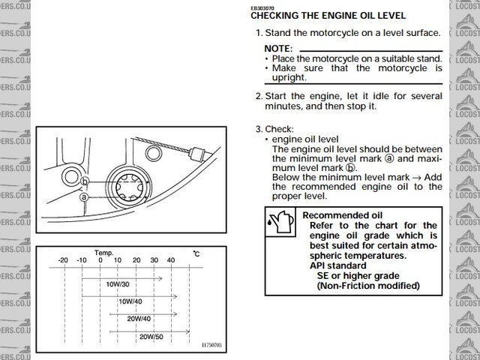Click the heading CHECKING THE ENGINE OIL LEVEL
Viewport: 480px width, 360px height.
pos(328,15)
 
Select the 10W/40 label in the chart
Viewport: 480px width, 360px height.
pos(130,301)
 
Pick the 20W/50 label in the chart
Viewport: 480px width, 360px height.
pos(151,337)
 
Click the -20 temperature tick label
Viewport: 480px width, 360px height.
pos(63,259)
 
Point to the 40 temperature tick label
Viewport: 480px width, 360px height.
pos(171,259)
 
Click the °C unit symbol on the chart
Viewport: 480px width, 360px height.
pos(196,254)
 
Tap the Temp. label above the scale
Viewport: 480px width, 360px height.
pos(104,253)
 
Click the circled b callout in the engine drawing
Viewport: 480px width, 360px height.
pos(85,182)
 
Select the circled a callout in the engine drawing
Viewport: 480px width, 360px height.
pos(85,196)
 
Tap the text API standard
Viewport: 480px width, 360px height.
pos(338,265)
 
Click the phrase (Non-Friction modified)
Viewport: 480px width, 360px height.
pos(368,286)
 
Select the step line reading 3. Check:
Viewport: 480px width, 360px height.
pos(274,129)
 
